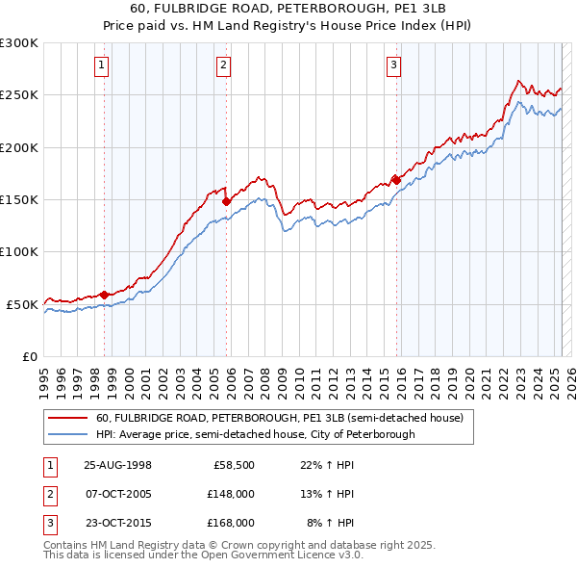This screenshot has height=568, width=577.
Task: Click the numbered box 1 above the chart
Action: [x=101, y=65]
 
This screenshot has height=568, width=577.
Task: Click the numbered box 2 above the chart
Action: [x=223, y=65]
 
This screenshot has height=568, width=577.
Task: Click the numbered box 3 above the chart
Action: [x=393, y=65]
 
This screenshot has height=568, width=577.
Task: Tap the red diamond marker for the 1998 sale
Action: [x=105, y=295]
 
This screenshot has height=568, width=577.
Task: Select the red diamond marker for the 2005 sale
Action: [x=226, y=202]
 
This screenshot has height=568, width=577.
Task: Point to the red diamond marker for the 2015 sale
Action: [x=396, y=179]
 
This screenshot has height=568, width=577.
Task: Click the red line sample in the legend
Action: [x=66, y=419]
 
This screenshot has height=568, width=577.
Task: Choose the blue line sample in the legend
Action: [x=66, y=435]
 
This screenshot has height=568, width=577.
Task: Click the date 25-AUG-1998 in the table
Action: [x=118, y=464]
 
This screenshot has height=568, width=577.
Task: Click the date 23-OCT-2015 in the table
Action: [x=118, y=524]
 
